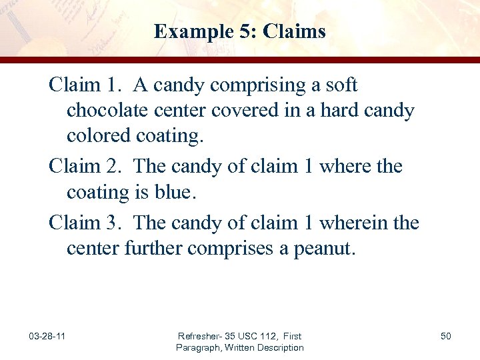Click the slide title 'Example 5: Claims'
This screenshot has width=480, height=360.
239,31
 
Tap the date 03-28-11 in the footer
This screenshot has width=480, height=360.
47,336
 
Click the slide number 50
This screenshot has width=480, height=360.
445,336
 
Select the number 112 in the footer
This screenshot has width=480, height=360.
265,337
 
